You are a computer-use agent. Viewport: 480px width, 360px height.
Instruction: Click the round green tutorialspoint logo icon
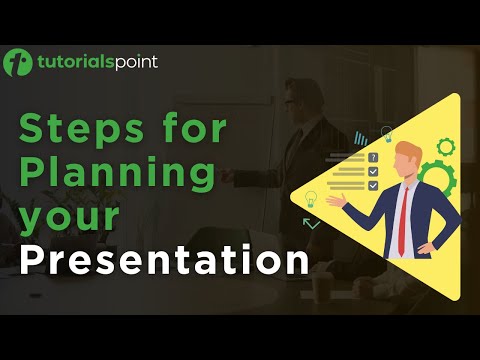(19, 63)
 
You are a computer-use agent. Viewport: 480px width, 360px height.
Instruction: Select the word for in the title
(188, 130)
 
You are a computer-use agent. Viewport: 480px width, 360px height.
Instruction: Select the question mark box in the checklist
(373, 158)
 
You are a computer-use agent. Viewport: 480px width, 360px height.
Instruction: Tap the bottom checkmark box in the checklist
(373, 186)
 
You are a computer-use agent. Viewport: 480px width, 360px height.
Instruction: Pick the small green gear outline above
(446, 146)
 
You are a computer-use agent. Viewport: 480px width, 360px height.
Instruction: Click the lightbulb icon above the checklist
(386, 133)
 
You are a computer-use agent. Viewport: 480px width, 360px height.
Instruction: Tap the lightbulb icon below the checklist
(311, 199)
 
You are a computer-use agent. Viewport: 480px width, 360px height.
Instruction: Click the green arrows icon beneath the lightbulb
(312, 223)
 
